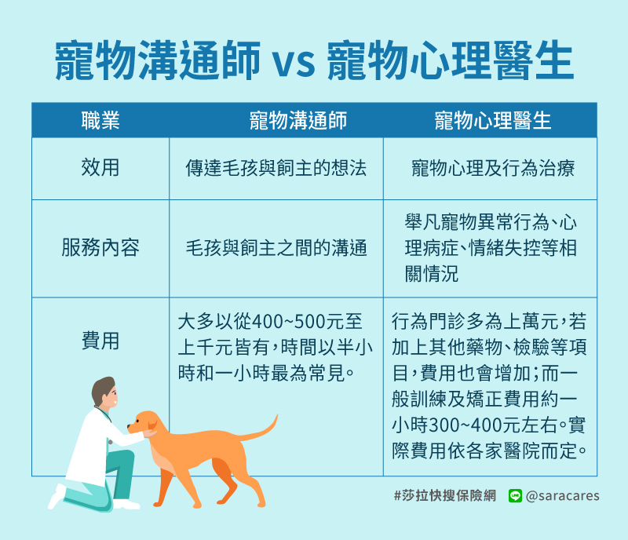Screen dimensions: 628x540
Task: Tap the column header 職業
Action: pos(100,121)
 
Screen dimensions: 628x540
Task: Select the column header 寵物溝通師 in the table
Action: pos(298,121)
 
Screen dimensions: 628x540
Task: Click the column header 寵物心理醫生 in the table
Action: pos(493,121)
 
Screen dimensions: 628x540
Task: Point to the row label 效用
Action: pos(100,167)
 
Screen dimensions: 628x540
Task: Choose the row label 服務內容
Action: pos(100,247)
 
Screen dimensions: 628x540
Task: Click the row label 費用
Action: pos(100,341)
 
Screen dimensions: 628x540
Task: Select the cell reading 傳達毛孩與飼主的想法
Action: pos(276,168)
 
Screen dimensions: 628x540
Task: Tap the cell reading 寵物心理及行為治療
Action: pos(493,168)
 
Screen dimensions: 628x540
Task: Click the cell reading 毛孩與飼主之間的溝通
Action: pos(276,248)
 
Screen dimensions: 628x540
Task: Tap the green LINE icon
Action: pos(515,496)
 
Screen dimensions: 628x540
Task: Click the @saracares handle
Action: pos(562,496)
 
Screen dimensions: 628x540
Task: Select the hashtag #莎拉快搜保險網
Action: pos(444,496)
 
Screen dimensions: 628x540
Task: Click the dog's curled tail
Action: pos(265,429)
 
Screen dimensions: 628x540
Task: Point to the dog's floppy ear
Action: pos(152,424)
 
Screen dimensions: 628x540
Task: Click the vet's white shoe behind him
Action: pos(56,497)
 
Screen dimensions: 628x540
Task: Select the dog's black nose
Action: pos(129,427)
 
